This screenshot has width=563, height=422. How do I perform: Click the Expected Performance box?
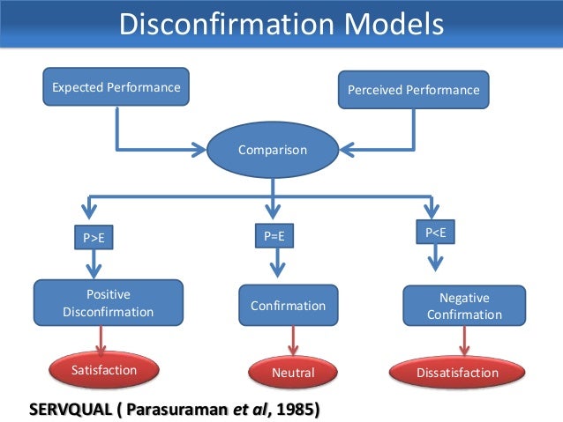[x=116, y=88]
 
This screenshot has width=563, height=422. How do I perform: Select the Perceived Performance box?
[x=413, y=90]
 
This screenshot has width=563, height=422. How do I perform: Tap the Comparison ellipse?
[x=273, y=150]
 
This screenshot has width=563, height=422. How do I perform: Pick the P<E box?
[x=435, y=232]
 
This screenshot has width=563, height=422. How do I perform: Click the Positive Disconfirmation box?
[x=109, y=302]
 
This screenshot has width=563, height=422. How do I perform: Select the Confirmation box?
[x=288, y=306]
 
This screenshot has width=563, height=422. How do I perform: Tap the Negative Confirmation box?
[x=464, y=306]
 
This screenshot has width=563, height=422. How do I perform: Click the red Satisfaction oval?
[x=104, y=370]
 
